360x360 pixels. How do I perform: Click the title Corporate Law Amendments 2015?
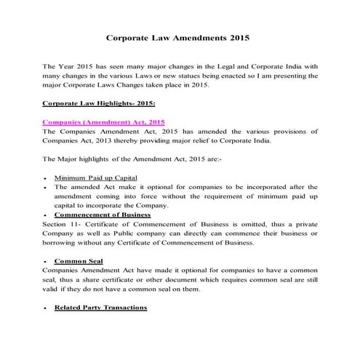[179, 36]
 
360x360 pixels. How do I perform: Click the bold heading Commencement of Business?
[103, 215]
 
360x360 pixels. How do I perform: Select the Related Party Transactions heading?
[100, 308]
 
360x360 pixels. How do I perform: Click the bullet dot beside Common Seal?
[47, 260]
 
